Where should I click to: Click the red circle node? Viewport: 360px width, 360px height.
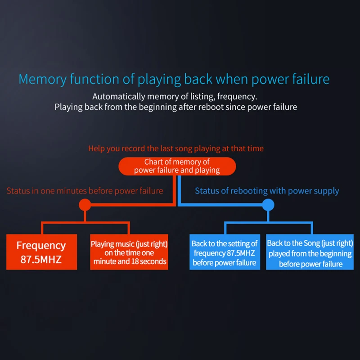[84, 205]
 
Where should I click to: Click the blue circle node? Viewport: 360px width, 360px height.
[268, 205]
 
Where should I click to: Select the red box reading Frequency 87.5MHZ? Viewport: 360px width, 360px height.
[41, 252]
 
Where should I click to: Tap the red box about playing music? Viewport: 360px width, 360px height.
[129, 252]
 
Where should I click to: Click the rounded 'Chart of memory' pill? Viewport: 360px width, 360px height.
[177, 166]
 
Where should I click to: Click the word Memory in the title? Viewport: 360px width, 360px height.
[43, 80]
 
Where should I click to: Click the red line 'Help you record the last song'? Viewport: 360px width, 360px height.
[176, 148]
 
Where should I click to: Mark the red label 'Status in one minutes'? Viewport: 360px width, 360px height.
[85, 191]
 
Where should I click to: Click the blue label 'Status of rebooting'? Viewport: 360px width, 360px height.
[267, 191]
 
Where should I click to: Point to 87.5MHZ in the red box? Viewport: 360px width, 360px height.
[41, 259]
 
